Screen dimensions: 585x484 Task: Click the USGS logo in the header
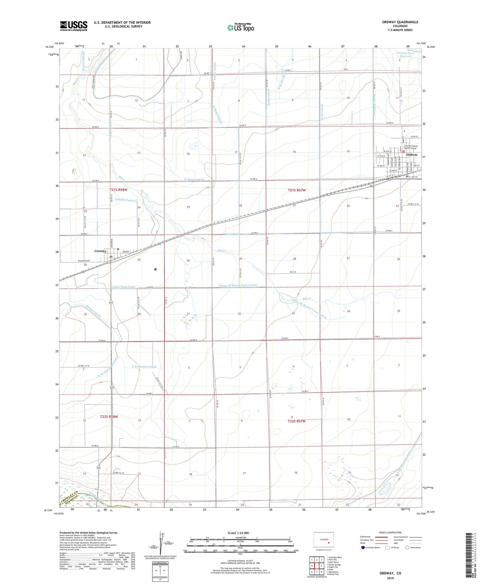(74, 26)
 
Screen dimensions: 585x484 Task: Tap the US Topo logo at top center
(240, 27)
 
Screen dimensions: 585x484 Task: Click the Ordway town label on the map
(412, 155)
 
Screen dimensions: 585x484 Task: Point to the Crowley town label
(100, 251)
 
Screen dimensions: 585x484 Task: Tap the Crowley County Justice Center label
(410, 147)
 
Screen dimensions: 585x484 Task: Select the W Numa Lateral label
(194, 179)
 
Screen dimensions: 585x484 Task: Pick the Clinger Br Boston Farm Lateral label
(238, 285)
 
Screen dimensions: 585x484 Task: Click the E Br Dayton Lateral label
(144, 367)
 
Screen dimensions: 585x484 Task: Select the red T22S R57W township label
(297, 421)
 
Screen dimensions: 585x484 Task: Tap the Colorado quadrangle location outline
(324, 540)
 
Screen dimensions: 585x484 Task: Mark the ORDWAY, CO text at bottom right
(390, 573)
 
